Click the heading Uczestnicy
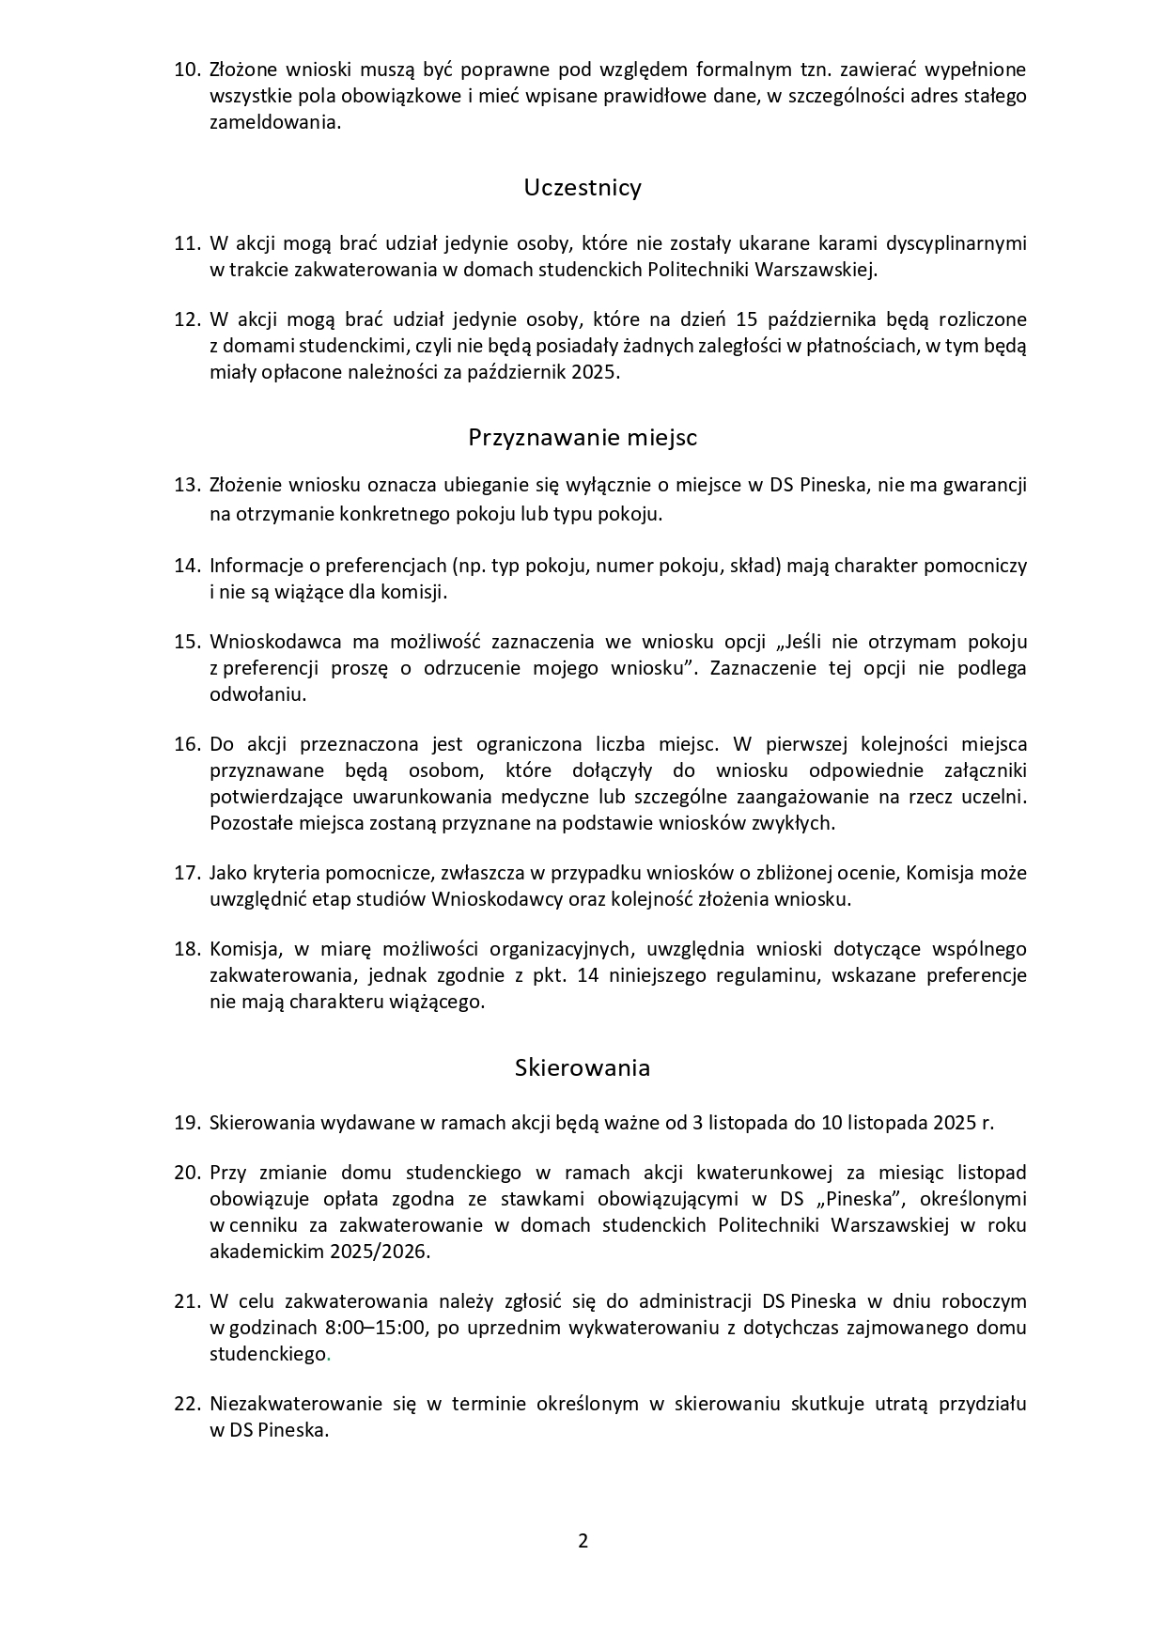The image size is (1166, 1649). point(583,188)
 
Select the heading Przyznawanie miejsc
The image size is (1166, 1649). point(583,438)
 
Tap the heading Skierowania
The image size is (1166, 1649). point(583,1068)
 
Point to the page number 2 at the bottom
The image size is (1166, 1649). point(583,1541)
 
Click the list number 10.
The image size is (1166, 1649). point(188,70)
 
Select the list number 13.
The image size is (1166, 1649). point(188,486)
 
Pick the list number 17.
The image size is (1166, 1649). point(188,873)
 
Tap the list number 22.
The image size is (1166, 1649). point(188,1404)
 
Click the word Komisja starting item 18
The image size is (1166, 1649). point(242,949)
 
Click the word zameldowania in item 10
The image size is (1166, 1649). point(272,123)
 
